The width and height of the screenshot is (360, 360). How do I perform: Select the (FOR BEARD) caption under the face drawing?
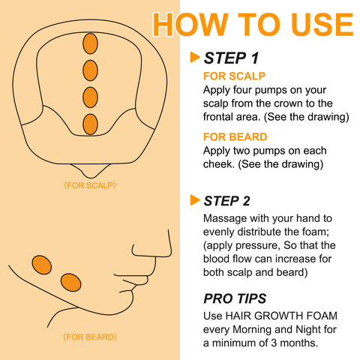click(89, 337)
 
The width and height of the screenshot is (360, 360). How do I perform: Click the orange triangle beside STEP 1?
click(195, 57)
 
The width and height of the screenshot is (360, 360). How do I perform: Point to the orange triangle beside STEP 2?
click(195, 199)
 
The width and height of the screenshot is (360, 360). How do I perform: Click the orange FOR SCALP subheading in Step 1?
click(235, 76)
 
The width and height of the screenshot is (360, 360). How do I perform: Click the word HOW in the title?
click(190, 23)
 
